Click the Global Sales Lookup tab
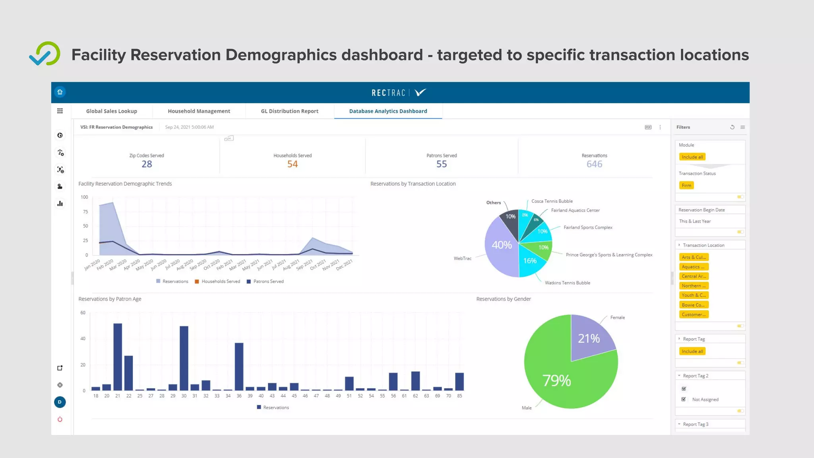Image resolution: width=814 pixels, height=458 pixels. click(x=111, y=111)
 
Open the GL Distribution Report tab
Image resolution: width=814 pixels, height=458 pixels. click(x=289, y=111)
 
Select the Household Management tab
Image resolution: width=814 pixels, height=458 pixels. click(x=199, y=111)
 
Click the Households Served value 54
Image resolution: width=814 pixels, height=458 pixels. click(x=293, y=164)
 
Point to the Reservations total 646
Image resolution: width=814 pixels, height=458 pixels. click(x=594, y=164)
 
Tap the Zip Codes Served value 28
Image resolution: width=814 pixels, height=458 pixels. click(x=147, y=164)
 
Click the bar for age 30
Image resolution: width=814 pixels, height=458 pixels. click(x=184, y=358)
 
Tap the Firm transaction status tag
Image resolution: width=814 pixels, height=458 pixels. click(x=686, y=186)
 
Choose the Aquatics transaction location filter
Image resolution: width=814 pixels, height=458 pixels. click(x=693, y=267)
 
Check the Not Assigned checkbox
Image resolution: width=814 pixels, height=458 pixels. click(x=684, y=399)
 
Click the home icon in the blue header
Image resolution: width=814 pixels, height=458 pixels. click(x=60, y=92)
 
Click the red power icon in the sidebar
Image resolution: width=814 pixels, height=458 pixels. click(x=60, y=419)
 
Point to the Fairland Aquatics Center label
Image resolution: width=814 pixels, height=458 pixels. click(x=575, y=210)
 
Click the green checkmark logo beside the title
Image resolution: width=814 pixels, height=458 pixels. click(x=45, y=54)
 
